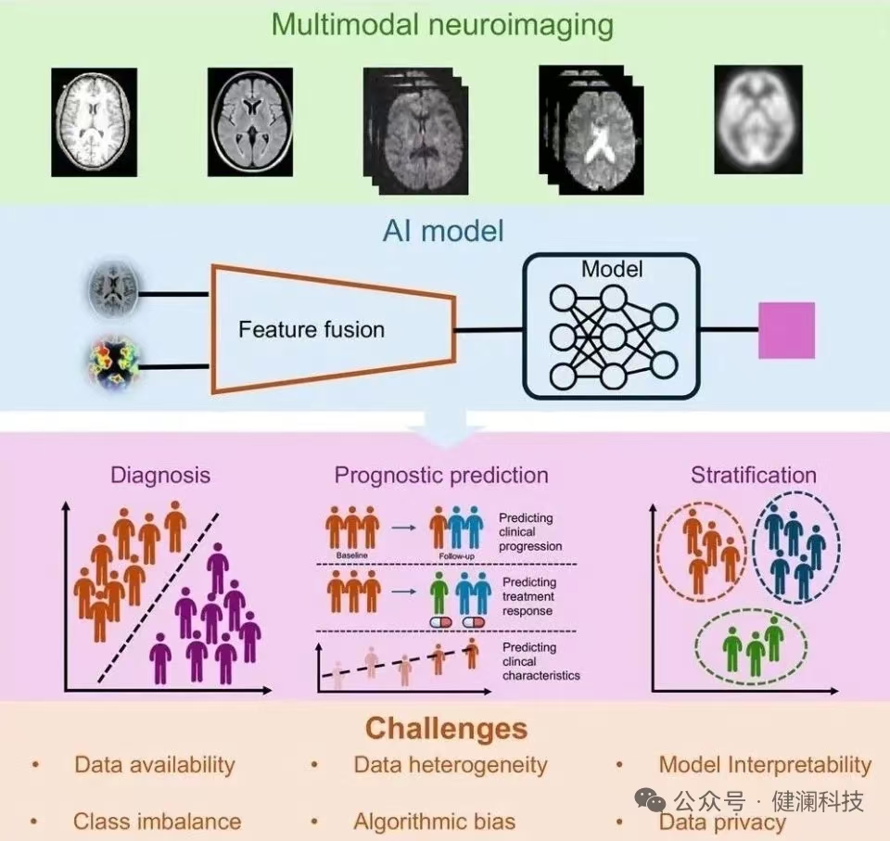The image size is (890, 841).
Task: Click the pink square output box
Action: coord(786,330)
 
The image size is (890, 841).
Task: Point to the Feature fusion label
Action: coord(311,329)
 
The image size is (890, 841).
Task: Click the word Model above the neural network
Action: coord(612,270)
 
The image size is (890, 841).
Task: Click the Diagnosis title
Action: coord(160,476)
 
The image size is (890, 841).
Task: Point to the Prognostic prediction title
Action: coord(441,476)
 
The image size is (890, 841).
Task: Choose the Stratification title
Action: coord(753,476)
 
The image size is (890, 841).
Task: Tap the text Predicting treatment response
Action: coord(528,596)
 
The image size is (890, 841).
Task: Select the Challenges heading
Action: coord(446,728)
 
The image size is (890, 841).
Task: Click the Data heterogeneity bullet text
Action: coord(451,765)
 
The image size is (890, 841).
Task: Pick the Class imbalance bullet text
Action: coord(157,821)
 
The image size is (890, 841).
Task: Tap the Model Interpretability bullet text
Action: coord(765,765)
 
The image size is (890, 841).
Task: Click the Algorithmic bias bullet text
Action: coord(434,821)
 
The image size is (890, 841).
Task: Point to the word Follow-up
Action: coord(458,557)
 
